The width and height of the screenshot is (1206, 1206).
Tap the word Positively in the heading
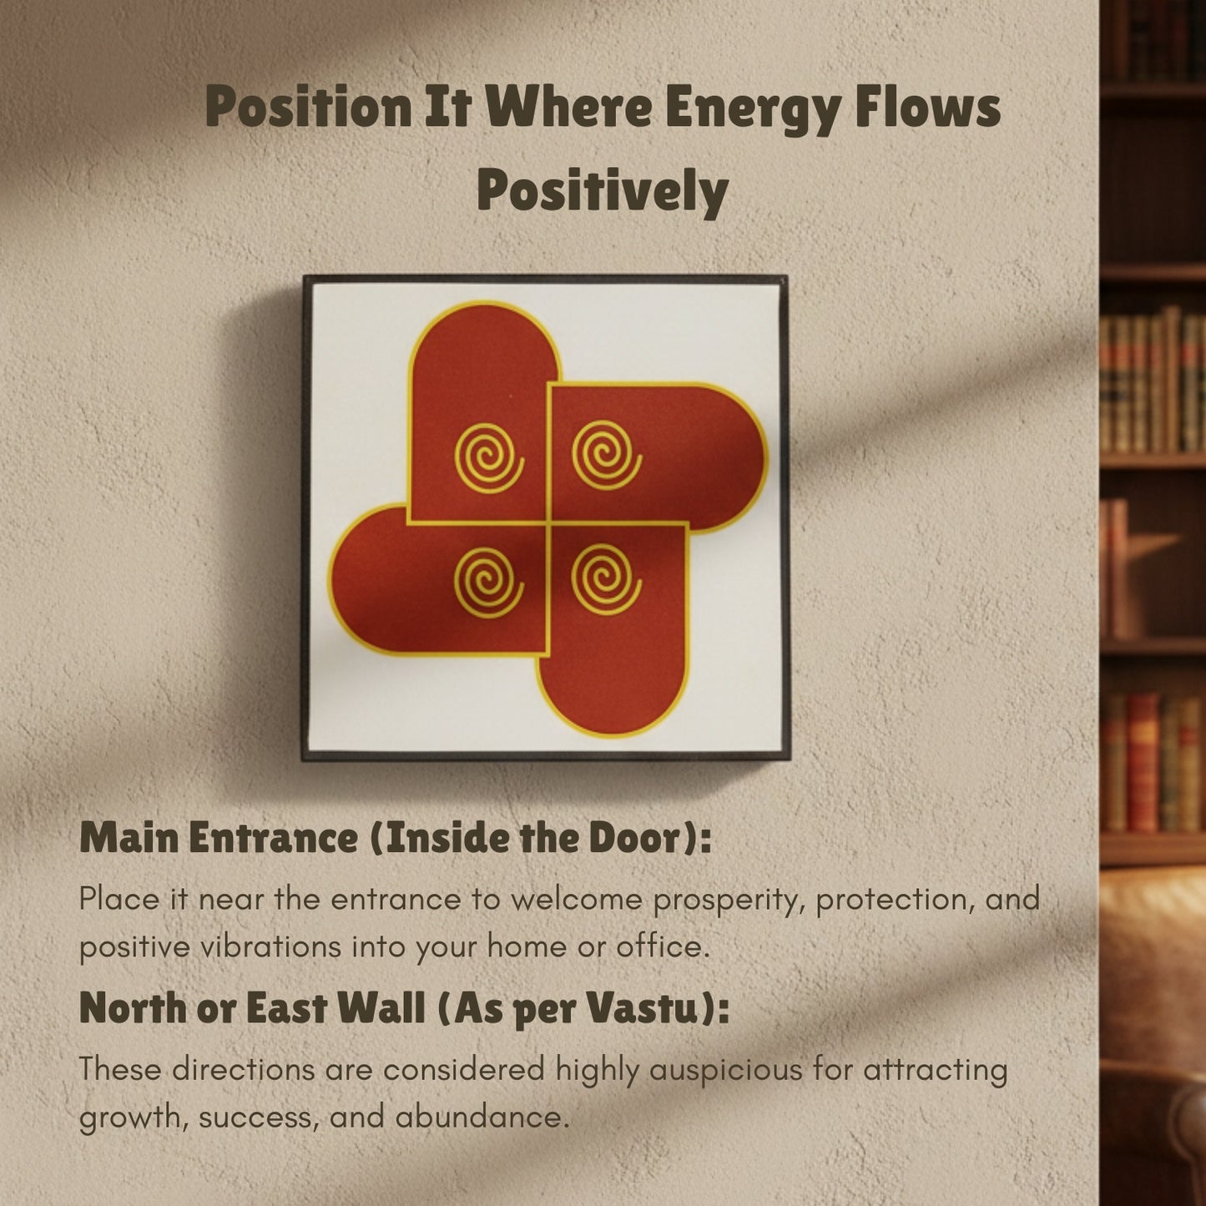tap(603, 190)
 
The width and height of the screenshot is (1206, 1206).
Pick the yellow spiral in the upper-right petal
tap(607, 456)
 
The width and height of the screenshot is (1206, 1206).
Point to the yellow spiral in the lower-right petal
tap(607, 578)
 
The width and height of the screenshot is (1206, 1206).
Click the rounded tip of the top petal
tap(485, 313)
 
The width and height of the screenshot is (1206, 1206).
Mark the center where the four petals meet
tap(547, 522)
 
